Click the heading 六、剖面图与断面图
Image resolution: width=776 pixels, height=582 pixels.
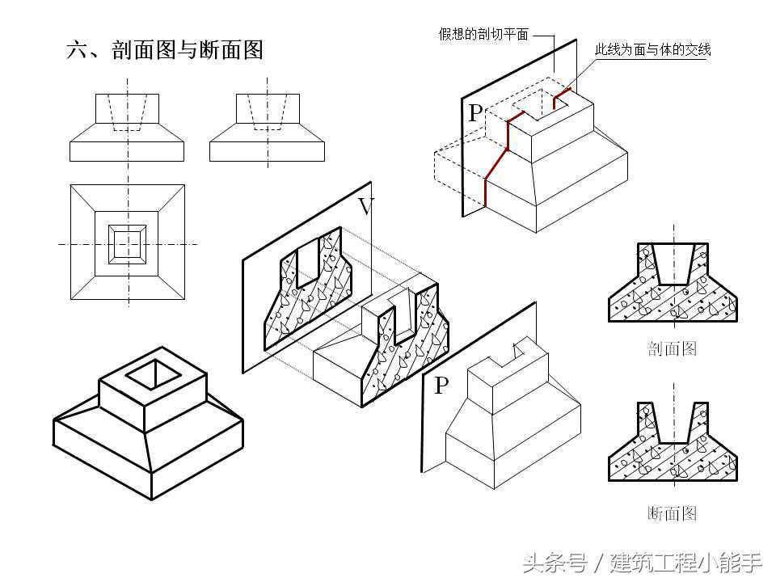point(165,50)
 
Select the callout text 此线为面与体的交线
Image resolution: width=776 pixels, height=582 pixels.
point(652,50)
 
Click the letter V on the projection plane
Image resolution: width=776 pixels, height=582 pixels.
point(365,207)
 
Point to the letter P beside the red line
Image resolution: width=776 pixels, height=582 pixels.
point(474,113)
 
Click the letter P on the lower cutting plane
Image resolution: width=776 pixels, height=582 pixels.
point(441,386)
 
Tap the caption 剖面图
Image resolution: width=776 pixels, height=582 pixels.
point(672,348)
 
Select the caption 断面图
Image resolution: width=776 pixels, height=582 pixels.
point(672,512)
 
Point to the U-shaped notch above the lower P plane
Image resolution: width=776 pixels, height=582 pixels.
point(519,352)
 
